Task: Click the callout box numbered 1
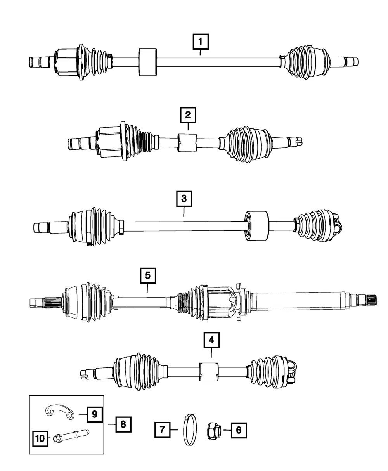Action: (201, 42)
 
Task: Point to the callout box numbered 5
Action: (147, 276)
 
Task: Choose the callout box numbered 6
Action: (239, 429)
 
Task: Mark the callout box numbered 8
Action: (123, 425)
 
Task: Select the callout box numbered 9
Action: (94, 415)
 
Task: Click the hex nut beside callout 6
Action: (213, 429)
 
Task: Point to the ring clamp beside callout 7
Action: (189, 430)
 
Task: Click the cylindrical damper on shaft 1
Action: (147, 61)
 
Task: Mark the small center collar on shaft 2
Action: (187, 144)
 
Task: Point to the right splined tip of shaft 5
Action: (359, 299)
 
